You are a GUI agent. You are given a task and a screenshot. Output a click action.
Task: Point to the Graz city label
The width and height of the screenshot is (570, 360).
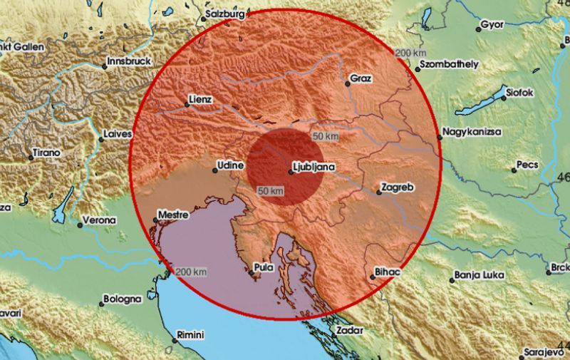(x=362, y=78)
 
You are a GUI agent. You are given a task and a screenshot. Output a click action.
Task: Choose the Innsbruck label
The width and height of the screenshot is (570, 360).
(x=129, y=61)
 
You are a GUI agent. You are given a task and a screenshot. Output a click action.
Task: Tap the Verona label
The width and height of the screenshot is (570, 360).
(x=99, y=220)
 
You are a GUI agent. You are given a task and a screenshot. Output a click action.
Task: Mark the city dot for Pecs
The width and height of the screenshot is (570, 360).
(x=514, y=170)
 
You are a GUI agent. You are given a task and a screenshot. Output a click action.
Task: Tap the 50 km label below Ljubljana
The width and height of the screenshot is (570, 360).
(x=271, y=190)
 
